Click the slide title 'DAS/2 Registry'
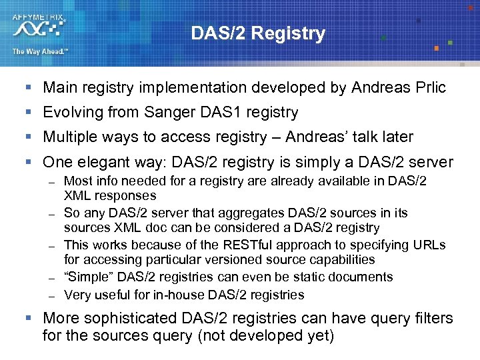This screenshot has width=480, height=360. tap(258, 33)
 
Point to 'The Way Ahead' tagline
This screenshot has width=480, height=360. tap(39, 51)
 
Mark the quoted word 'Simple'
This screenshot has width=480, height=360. tap(87, 277)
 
